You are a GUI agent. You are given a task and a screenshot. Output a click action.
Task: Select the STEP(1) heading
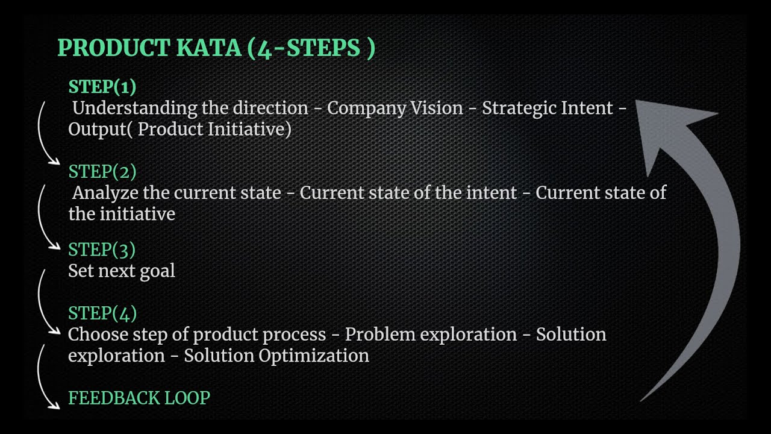102,87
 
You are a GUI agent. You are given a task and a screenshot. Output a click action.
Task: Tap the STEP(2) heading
102,172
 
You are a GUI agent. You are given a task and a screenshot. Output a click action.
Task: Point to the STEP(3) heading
102,250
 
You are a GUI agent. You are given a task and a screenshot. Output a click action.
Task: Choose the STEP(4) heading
102,313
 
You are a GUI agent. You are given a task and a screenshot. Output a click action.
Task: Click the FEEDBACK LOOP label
139,398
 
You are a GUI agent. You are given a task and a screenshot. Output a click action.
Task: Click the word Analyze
106,193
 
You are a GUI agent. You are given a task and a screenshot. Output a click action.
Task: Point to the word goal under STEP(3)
157,271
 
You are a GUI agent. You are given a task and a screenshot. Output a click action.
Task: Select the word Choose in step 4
98,335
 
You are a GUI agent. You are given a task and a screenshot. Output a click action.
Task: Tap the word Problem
379,335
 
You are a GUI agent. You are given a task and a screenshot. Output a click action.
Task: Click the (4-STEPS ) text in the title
311,48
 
